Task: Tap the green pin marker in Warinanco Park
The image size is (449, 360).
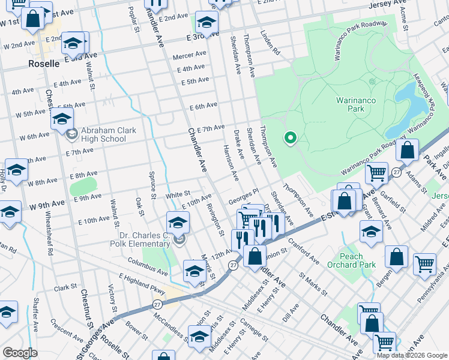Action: tap(291, 138)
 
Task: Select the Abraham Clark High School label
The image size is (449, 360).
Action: tap(104, 134)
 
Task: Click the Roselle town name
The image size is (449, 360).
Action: tap(43, 63)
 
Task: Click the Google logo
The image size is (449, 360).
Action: tap(20, 353)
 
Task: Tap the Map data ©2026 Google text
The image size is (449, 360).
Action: tap(412, 355)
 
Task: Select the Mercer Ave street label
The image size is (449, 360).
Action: tap(189, 54)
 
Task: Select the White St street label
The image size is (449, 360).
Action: tap(178, 194)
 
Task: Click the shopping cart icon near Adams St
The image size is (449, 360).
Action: tap(376, 173)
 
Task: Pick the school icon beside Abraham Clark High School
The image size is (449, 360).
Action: tap(62, 120)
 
